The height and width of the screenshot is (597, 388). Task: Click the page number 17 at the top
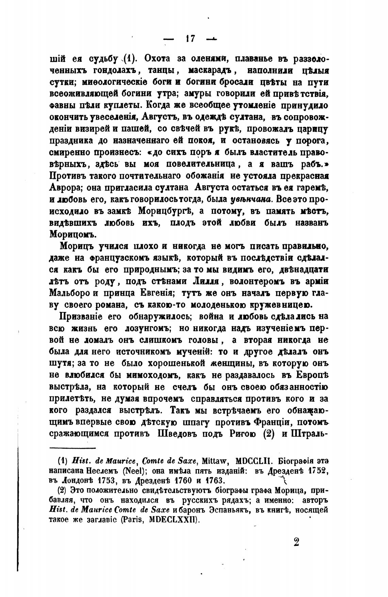pyautogui.click(x=190, y=39)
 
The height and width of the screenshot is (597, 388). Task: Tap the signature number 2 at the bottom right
pyautogui.click(x=296, y=542)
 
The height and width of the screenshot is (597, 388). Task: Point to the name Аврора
pyautogui.click(x=65, y=188)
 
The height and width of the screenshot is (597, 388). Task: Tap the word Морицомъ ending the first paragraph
pyautogui.click(x=73, y=235)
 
